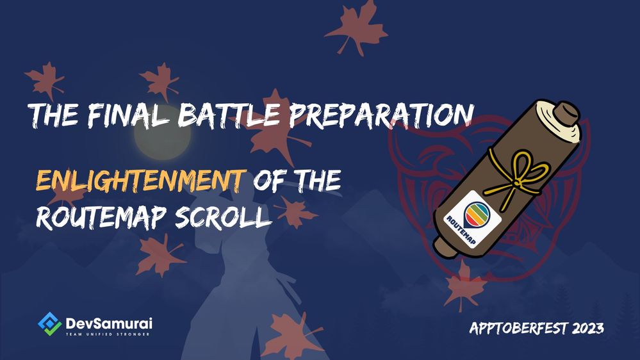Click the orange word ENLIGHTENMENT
(141, 181)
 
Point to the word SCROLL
(224, 216)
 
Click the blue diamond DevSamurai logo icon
(50, 323)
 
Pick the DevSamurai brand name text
(109, 323)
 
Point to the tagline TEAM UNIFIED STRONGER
(108, 334)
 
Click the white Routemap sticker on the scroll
(473, 219)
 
